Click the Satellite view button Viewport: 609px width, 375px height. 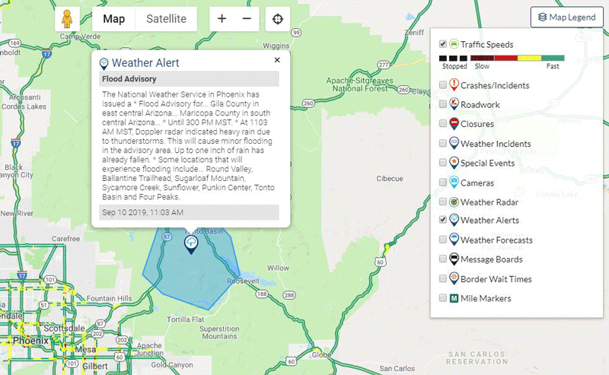click(x=165, y=19)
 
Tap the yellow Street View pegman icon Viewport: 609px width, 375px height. click(x=67, y=19)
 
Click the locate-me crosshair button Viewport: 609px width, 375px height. click(x=277, y=19)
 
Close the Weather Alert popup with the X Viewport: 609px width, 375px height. click(x=277, y=60)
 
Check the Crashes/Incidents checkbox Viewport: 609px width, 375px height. click(x=443, y=85)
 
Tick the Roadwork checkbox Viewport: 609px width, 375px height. click(x=443, y=105)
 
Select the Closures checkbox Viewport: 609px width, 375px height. click(x=443, y=124)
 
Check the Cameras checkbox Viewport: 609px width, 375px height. click(x=443, y=183)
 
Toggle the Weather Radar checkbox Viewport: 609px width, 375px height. click(x=443, y=202)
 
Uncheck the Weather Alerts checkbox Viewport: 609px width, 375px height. click(x=443, y=221)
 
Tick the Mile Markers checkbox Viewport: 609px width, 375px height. click(x=443, y=298)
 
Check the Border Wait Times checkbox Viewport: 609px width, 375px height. click(x=443, y=279)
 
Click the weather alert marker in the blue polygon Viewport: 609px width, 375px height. click(x=190, y=243)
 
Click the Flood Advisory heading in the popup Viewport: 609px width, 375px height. click(x=129, y=79)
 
